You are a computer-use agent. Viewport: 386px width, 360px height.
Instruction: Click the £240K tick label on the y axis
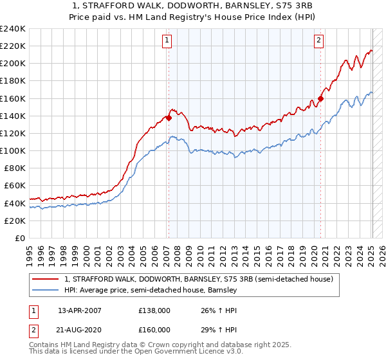(x=13, y=29)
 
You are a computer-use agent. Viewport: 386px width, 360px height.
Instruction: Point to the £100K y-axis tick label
(x=13, y=150)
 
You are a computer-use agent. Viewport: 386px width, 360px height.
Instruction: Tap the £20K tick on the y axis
(x=15, y=221)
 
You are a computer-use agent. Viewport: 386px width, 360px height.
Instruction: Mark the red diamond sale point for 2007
(x=169, y=118)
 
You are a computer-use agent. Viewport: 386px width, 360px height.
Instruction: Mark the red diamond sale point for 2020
(x=321, y=98)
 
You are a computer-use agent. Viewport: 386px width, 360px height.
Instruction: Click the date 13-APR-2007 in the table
(x=79, y=310)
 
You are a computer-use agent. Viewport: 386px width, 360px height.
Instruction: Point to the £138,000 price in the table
(x=154, y=310)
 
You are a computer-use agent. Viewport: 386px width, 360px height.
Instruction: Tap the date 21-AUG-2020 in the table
(x=79, y=329)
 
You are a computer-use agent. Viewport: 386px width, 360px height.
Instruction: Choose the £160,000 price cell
(x=154, y=329)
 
